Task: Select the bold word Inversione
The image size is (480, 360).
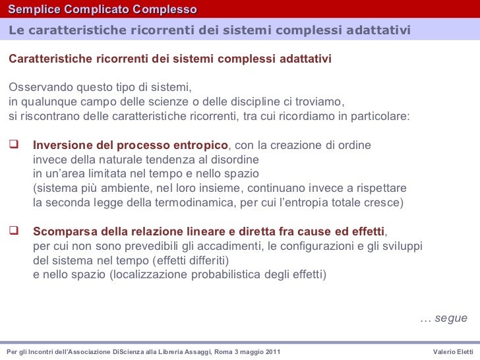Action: click(61, 145)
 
